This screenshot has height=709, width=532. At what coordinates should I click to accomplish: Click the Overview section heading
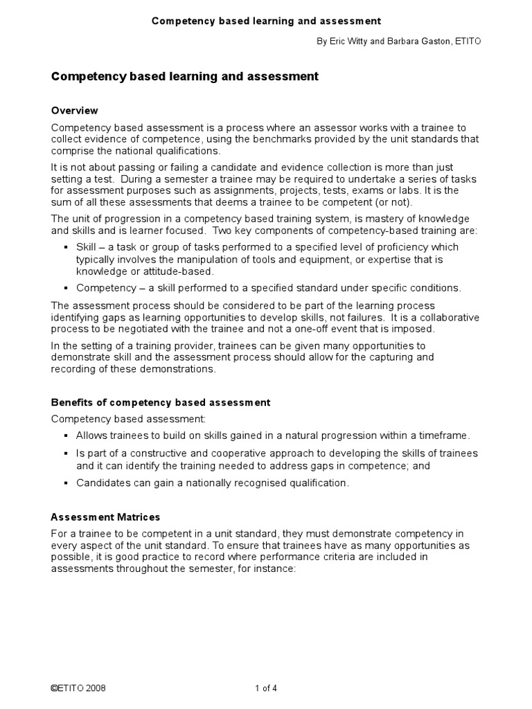[x=75, y=111]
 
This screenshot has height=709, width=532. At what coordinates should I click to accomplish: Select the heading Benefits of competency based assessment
[x=161, y=402]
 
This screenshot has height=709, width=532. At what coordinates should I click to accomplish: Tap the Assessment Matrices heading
[x=106, y=517]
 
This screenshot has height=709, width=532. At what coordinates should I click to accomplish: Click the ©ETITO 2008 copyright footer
[x=78, y=689]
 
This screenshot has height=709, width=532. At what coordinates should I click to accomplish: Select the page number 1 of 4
[x=266, y=689]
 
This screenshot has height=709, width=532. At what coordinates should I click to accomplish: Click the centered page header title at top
[x=266, y=21]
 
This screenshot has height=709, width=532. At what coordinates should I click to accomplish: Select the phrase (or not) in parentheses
[x=390, y=202]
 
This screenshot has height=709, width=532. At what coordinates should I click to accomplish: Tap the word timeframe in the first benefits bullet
[x=443, y=436]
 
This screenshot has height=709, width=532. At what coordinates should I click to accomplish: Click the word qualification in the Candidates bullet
[x=319, y=483]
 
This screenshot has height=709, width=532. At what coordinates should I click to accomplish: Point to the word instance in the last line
[x=277, y=568]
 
